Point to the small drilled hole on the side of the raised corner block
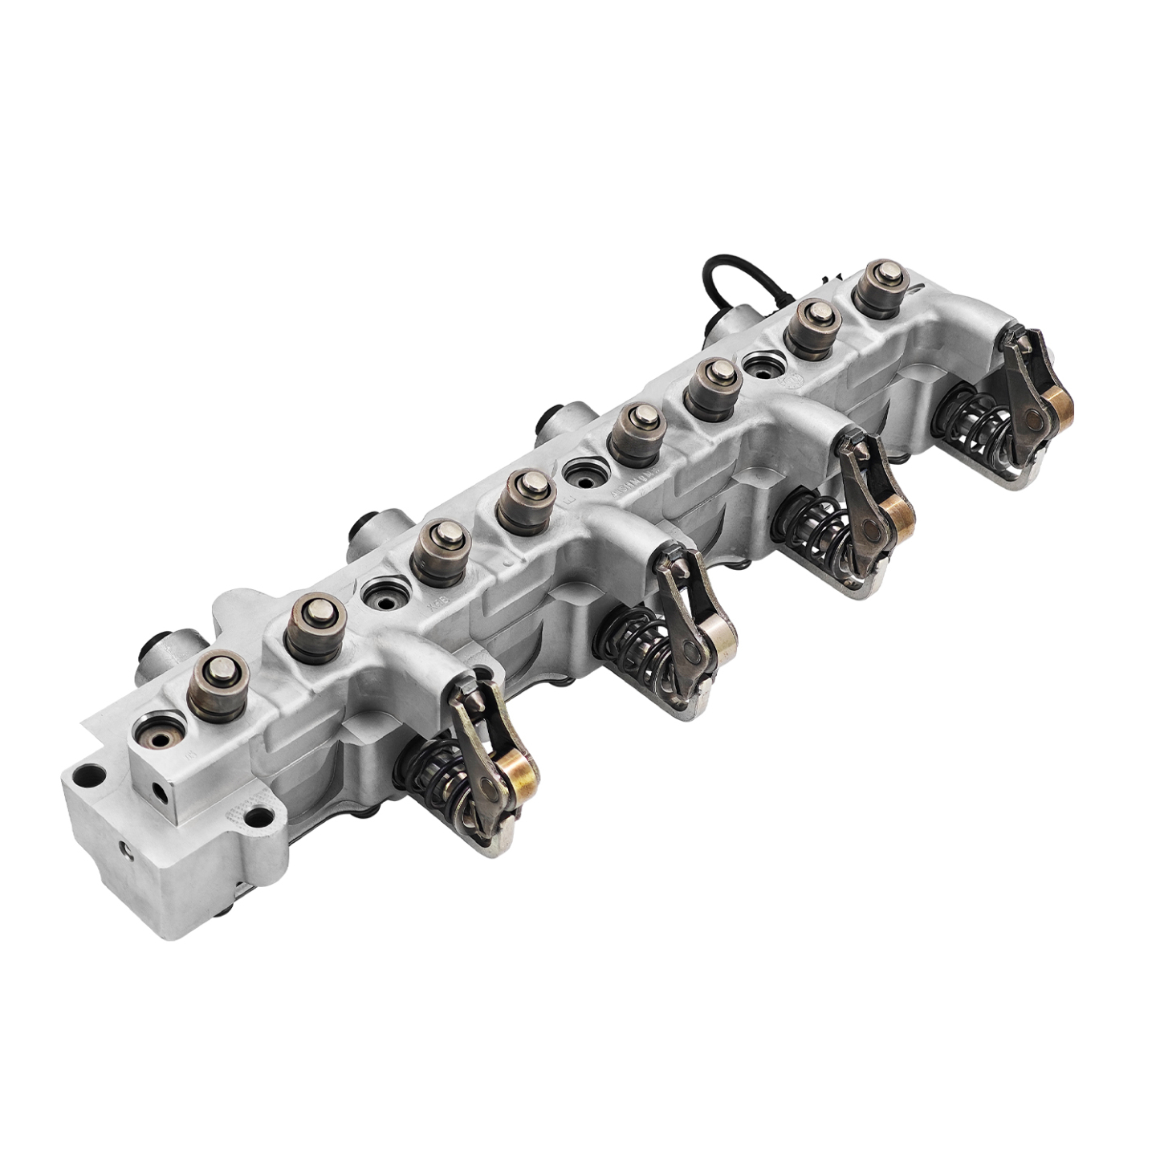[x=164, y=792]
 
